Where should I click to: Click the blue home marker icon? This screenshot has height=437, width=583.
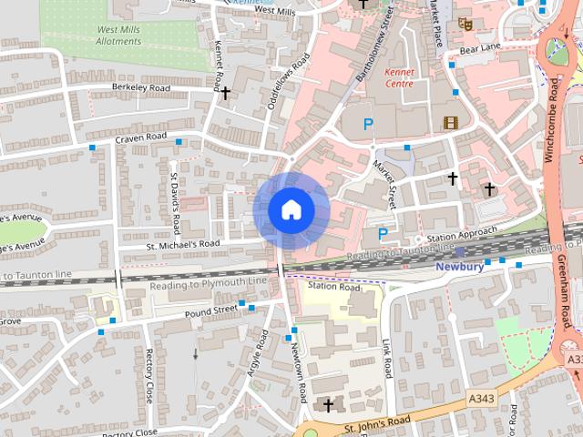click(291, 209)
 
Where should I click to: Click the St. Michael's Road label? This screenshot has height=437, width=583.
click(183, 244)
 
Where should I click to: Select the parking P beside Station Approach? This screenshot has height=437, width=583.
click(383, 234)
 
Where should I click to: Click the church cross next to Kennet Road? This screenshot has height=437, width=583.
click(225, 93)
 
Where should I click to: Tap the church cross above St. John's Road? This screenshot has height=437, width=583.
click(328, 404)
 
